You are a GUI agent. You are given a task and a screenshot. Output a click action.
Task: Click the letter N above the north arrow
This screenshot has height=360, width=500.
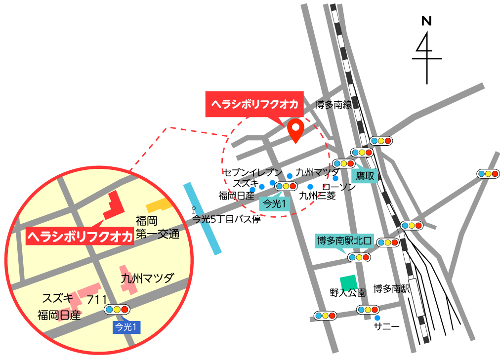tap(426, 21)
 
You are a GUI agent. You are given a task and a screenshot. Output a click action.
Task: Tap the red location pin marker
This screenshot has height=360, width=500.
tap(295, 130)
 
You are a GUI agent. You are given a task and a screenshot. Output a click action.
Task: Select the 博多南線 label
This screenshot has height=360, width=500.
tap(333, 105)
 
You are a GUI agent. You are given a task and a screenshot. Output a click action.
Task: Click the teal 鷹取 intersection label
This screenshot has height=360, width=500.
tap(365, 176)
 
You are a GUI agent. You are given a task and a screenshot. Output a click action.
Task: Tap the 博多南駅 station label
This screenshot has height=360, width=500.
tap(392, 289)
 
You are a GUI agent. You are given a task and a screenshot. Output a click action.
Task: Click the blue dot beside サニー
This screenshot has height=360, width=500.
tap(377, 318)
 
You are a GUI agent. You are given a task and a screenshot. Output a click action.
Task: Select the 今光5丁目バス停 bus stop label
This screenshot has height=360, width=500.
tap(226, 219)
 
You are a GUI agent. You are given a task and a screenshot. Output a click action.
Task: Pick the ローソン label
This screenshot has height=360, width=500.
tap(339, 187)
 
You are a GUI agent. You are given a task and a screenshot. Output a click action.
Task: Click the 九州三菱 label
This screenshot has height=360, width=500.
tap(317, 196)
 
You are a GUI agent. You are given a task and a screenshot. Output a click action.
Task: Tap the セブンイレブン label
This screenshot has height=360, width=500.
tap(253, 172)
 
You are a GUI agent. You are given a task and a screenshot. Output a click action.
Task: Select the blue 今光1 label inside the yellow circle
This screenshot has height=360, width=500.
tap(126, 326)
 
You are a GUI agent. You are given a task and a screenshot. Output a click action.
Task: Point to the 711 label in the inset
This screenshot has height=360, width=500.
tap(97, 300)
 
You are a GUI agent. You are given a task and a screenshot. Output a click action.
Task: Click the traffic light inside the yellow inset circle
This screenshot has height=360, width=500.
tap(117, 310)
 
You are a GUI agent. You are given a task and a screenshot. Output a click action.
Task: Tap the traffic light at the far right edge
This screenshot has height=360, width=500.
tap(488, 174)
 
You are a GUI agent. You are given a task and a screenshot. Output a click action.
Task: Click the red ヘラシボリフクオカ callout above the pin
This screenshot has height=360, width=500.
tap(254, 104)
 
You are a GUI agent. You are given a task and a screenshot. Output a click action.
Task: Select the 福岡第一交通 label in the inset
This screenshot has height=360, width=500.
tap(157, 227)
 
